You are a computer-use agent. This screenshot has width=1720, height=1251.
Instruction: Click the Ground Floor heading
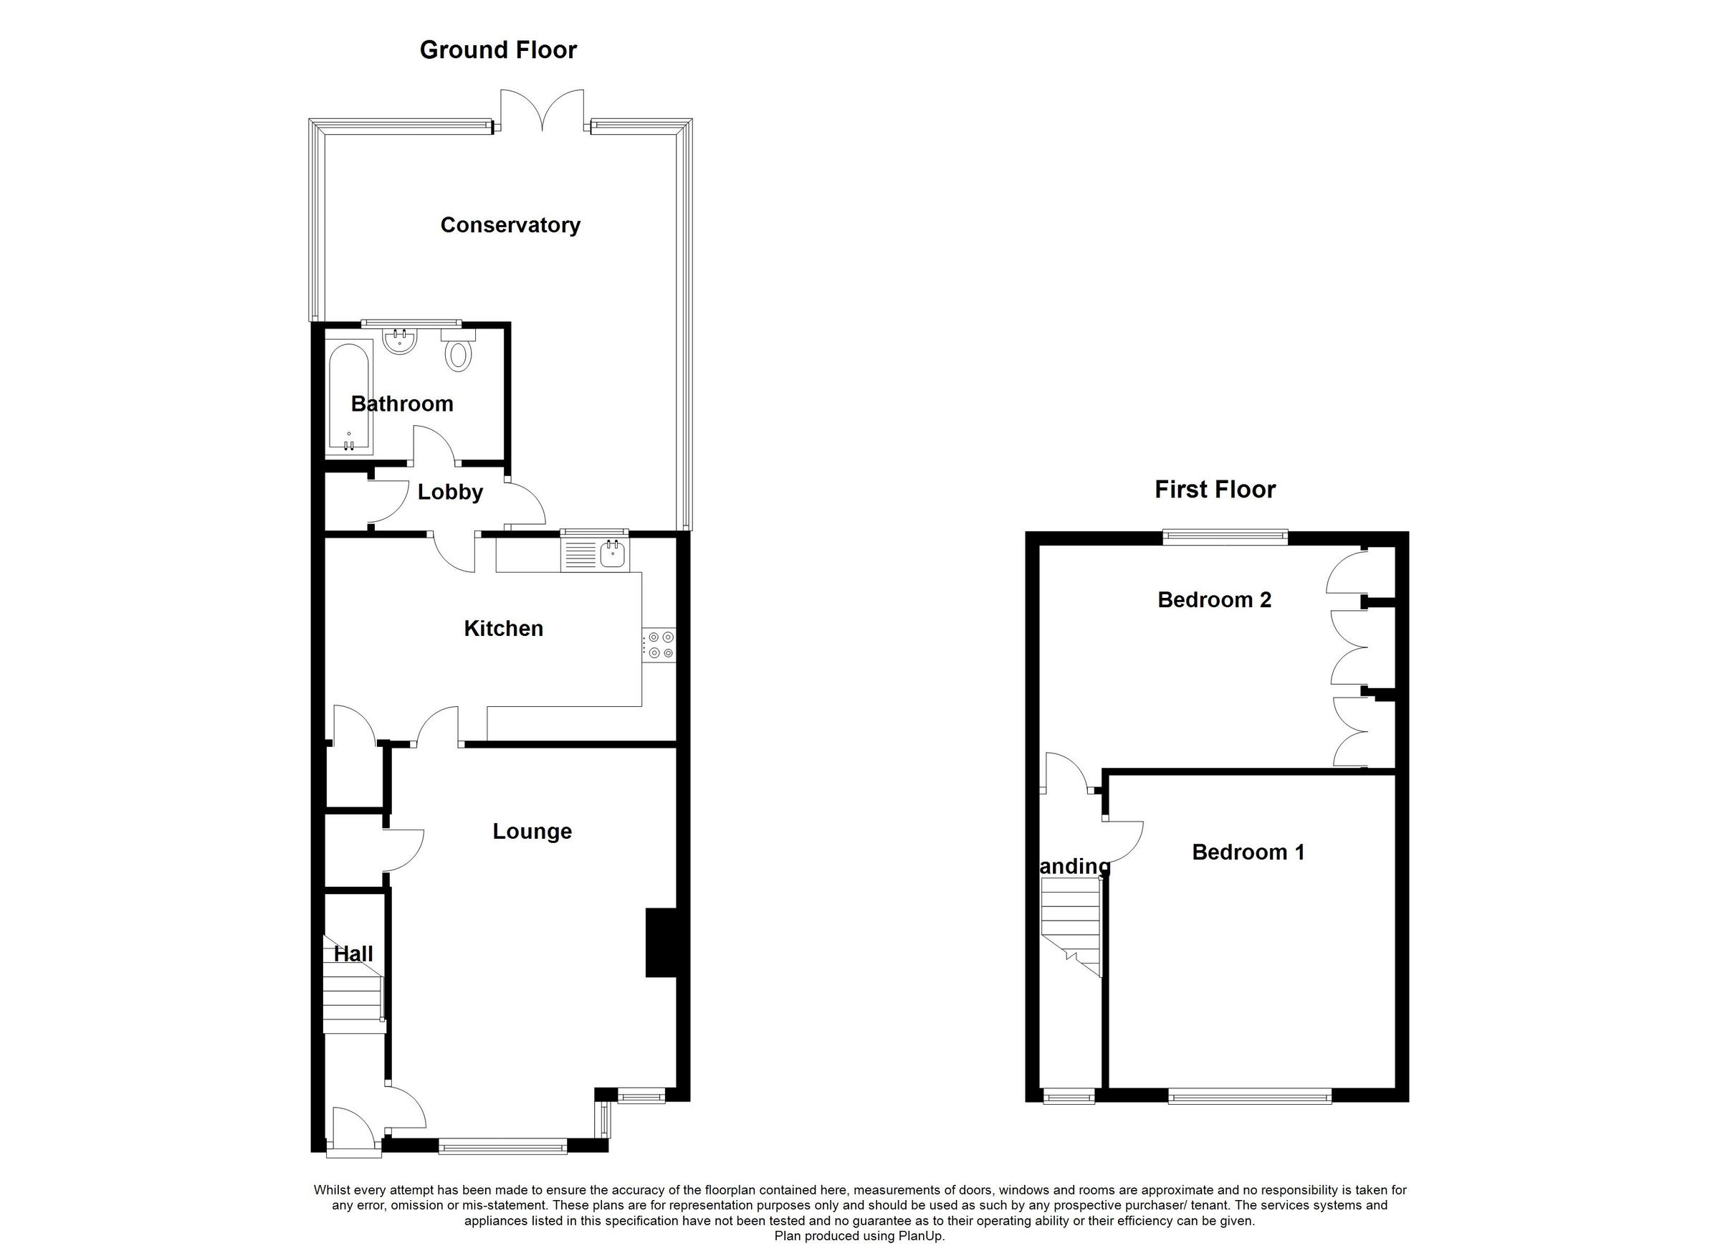point(498,50)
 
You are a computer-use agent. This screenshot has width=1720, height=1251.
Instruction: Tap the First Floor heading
point(1214,490)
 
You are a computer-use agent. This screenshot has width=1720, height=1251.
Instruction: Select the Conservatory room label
point(510,224)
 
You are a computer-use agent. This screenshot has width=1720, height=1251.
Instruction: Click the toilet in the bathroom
point(458,353)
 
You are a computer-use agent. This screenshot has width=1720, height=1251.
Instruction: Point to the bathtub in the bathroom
point(348,399)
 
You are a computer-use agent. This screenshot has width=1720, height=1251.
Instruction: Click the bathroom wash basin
point(400,342)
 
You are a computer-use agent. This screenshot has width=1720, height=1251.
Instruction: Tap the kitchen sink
point(611,556)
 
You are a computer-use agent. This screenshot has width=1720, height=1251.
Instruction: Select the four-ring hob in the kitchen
point(660,644)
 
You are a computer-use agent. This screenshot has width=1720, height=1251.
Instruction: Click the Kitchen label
point(504,628)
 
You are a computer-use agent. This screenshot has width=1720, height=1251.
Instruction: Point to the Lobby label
point(450,492)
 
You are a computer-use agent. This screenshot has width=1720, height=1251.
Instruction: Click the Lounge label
point(532,831)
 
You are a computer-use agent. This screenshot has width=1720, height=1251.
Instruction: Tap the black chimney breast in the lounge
point(660,942)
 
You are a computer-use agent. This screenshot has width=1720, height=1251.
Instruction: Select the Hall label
point(353,953)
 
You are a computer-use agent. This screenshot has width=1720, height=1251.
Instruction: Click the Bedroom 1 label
point(1248,852)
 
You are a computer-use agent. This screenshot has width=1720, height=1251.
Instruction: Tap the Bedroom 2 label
point(1214,599)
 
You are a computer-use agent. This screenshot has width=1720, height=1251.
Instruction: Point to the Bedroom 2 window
point(1225,537)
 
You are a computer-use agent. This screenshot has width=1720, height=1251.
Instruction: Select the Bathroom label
point(402,404)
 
